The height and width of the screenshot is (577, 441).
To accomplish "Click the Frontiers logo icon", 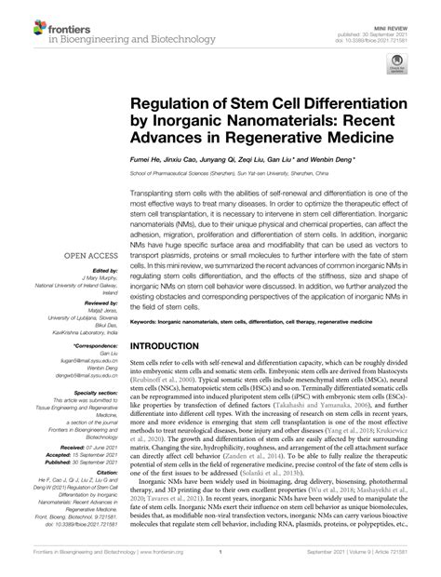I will pos(19,21).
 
